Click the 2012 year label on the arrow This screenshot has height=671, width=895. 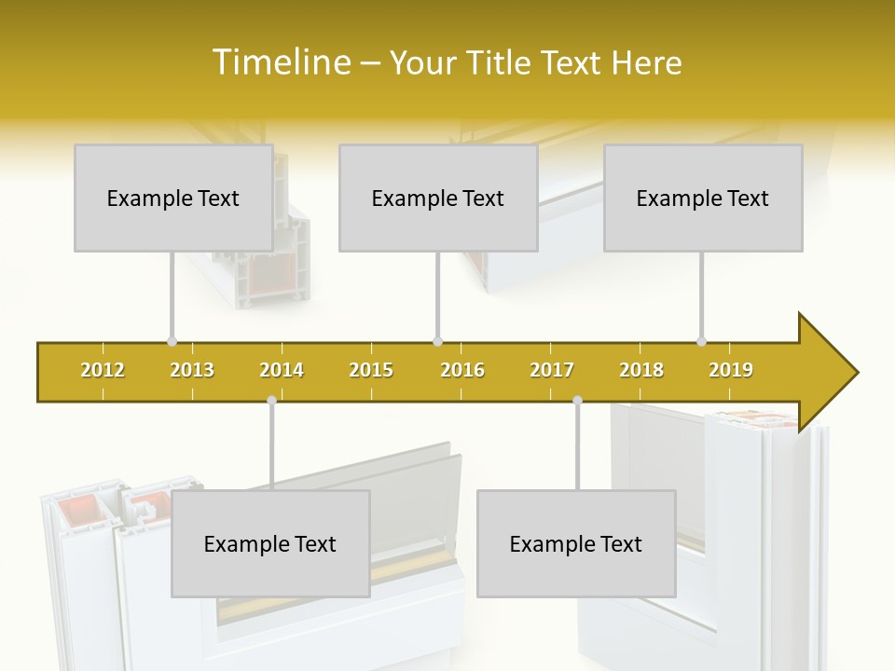click(103, 370)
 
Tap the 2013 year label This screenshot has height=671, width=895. click(192, 370)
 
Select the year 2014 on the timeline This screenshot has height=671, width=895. click(282, 370)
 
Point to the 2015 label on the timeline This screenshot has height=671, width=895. click(371, 370)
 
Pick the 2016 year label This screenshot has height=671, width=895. click(462, 370)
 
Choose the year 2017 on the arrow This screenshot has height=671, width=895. click(552, 370)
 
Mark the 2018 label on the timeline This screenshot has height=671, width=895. click(641, 370)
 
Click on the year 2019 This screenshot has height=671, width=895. click(731, 370)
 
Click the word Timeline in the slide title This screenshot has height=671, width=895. click(280, 62)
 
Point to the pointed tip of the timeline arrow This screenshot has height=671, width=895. click(856, 373)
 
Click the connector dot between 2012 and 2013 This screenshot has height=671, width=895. click(172, 341)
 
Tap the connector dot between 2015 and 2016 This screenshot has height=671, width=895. click(437, 341)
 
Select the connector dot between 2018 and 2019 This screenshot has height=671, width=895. click(701, 341)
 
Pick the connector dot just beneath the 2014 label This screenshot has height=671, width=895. click(271, 401)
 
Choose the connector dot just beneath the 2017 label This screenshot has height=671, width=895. click(577, 401)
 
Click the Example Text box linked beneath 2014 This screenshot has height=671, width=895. click(270, 543)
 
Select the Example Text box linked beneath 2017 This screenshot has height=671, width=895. click(576, 543)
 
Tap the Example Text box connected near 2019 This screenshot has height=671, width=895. click(703, 198)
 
